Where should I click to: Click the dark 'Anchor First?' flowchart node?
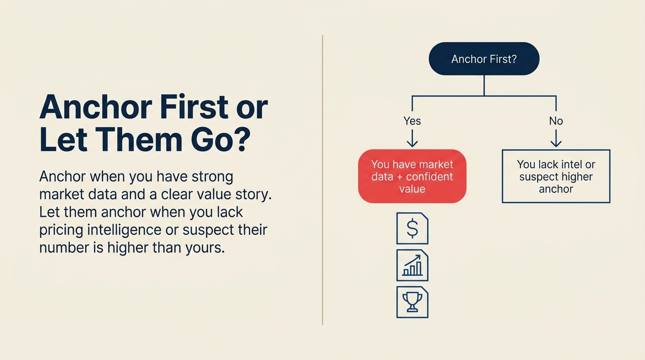pos(484,59)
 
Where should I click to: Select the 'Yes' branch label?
pos(412,121)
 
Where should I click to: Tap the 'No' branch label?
pos(556,121)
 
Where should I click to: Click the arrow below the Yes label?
pos(412,138)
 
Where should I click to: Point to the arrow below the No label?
pos(556,138)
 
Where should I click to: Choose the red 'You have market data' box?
pos(412,176)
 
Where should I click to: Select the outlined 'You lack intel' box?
pos(556,176)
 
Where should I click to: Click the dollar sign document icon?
pos(412,228)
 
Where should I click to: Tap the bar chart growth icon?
pos(412,265)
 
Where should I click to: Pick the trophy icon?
pos(412,302)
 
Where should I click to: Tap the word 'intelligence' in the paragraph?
pos(120,230)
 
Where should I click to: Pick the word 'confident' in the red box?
pos(429,177)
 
